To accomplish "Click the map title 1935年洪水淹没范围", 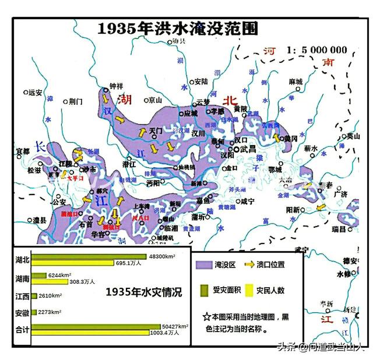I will point(177,29).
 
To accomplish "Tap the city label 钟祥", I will point(117,86).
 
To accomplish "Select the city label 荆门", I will point(76,101).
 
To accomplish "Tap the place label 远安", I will point(35,92).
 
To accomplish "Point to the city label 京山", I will point(154,100).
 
